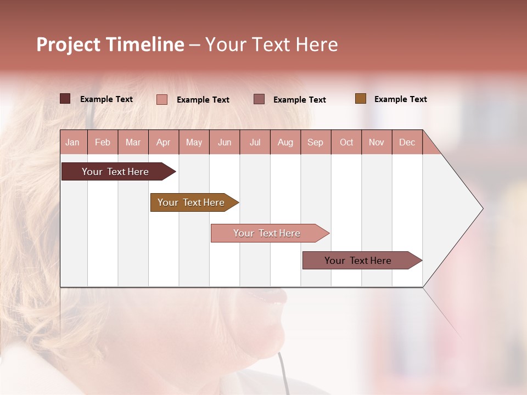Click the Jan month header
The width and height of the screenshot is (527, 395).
[x=73, y=142]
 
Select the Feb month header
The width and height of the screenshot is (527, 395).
[x=103, y=142]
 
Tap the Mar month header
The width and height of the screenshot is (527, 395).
[x=133, y=142]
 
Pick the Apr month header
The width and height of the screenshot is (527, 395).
[x=164, y=142]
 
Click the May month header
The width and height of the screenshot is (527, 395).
[x=194, y=142]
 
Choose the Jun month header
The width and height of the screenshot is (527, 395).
[x=225, y=142]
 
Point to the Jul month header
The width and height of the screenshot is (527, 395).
[x=255, y=142]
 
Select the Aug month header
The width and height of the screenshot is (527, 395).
[x=285, y=142]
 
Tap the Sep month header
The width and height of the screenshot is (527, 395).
[x=316, y=142]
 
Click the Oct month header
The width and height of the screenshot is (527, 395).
[x=346, y=142]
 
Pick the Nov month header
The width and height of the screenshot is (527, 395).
[x=377, y=142]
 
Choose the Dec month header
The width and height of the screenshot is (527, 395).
[x=407, y=142]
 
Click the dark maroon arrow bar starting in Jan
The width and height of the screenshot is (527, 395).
[x=116, y=172]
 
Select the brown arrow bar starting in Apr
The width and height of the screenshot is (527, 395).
[x=192, y=202]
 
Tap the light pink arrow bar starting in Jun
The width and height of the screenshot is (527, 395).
[x=267, y=233]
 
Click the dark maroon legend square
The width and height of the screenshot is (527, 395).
[x=65, y=99]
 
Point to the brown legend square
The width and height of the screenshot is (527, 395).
[x=360, y=99]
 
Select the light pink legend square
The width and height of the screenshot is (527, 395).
[x=162, y=99]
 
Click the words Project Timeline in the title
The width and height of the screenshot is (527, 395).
[x=110, y=44]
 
